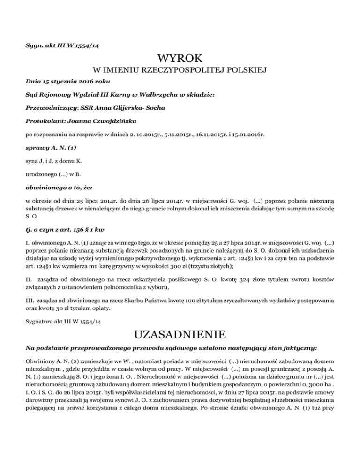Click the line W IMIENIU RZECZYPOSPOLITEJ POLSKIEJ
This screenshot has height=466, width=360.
pyautogui.click(x=180, y=71)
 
